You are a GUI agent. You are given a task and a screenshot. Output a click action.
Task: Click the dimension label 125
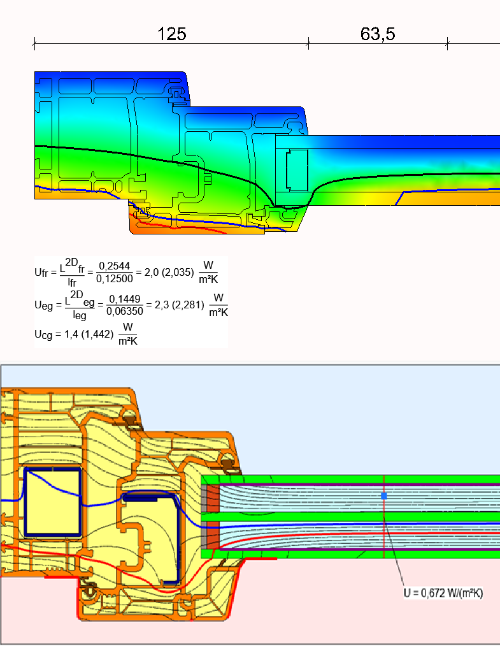pyautogui.click(x=172, y=34)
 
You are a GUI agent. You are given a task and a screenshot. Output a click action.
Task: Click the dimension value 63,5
pyautogui.click(x=378, y=34)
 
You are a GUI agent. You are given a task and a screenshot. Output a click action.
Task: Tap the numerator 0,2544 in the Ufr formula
pyautogui.click(x=115, y=266)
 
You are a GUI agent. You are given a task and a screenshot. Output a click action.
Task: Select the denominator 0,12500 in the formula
pyautogui.click(x=115, y=279)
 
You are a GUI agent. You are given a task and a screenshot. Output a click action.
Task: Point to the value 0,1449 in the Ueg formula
pyautogui.click(x=125, y=299)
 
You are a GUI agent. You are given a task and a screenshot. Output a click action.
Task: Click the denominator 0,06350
pyautogui.click(x=125, y=312)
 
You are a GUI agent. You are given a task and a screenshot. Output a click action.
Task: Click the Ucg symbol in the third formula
pyautogui.click(x=43, y=334)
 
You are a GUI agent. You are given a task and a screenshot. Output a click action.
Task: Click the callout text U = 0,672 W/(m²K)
pyautogui.click(x=443, y=593)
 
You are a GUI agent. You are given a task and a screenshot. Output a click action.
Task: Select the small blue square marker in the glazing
pyautogui.click(x=384, y=496)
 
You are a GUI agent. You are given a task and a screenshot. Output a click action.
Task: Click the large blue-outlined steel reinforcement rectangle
pyautogui.click(x=52, y=502)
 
